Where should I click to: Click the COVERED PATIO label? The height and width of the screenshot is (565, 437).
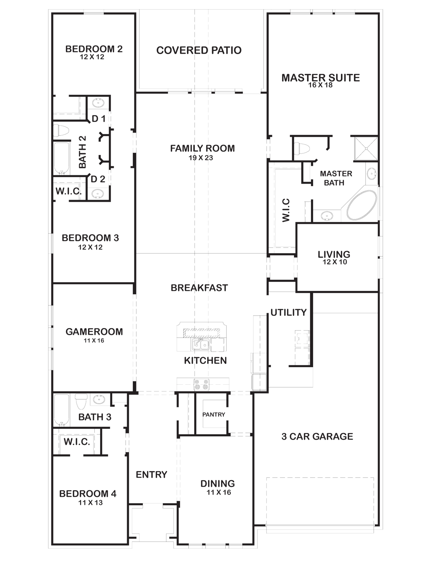(199, 50)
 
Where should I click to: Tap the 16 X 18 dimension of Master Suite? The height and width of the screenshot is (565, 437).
(320, 85)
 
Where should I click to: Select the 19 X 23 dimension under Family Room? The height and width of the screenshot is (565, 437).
(201, 158)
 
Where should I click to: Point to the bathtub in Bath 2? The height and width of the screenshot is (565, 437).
(62, 158)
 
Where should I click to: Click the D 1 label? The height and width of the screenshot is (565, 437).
(99, 119)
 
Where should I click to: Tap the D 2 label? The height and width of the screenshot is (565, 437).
(98, 179)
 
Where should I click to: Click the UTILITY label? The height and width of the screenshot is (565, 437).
(288, 312)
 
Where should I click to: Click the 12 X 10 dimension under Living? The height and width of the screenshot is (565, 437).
(335, 262)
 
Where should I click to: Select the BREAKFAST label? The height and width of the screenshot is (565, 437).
(199, 288)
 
